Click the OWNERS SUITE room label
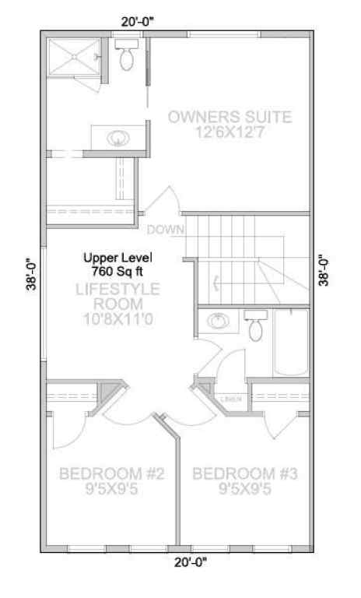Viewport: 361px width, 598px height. pyautogui.click(x=230, y=118)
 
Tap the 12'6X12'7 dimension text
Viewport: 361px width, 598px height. pyautogui.click(x=230, y=134)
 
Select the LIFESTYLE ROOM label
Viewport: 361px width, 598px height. pyautogui.click(x=117, y=296)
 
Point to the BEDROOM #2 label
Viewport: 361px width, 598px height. pyautogui.click(x=111, y=473)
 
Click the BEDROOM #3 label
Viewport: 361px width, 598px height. pyautogui.click(x=245, y=473)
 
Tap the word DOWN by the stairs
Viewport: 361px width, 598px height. pyautogui.click(x=165, y=230)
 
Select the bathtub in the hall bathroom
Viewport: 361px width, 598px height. pyautogui.click(x=290, y=343)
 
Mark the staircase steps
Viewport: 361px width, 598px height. pyautogui.click(x=233, y=257)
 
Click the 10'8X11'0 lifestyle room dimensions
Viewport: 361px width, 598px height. pyautogui.click(x=117, y=318)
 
